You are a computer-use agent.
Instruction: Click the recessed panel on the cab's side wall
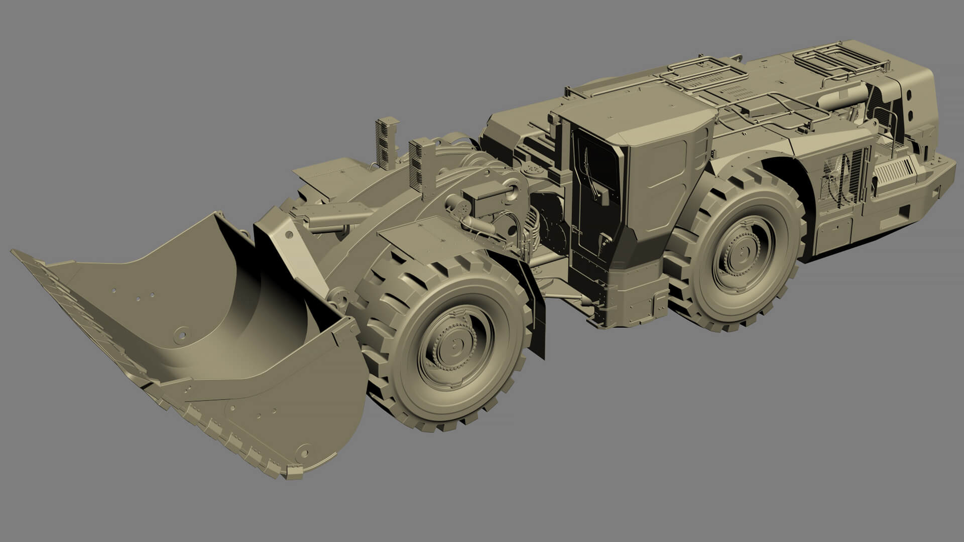tap(668, 166)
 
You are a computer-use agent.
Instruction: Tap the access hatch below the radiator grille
tap(833, 231)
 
